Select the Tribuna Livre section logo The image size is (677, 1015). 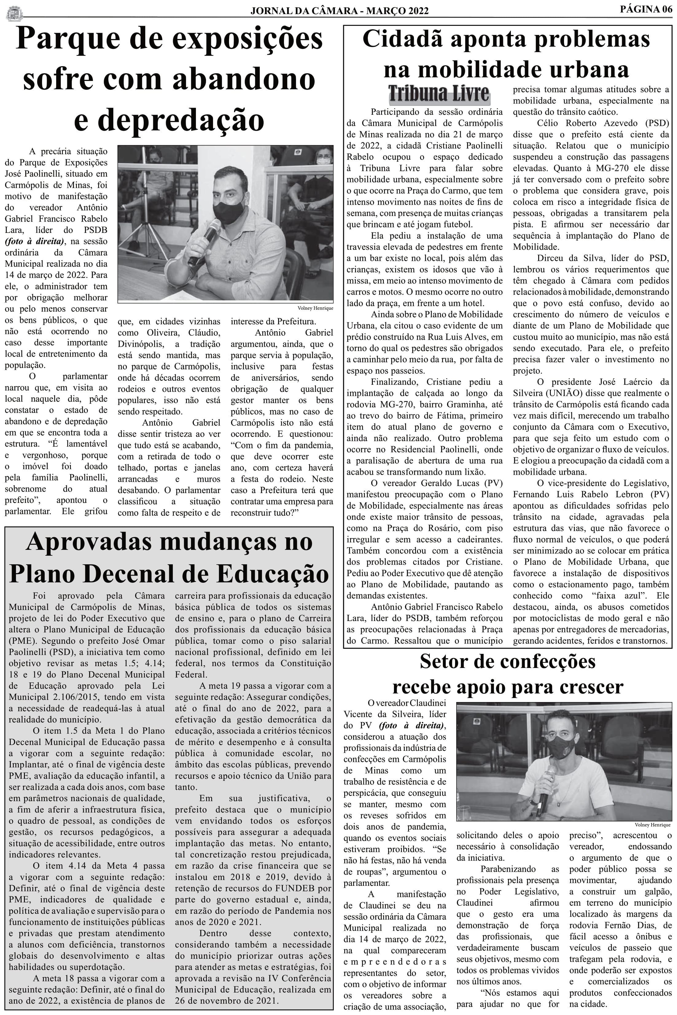pyautogui.click(x=439, y=94)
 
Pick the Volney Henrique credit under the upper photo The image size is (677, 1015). pyautogui.click(x=315, y=308)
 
